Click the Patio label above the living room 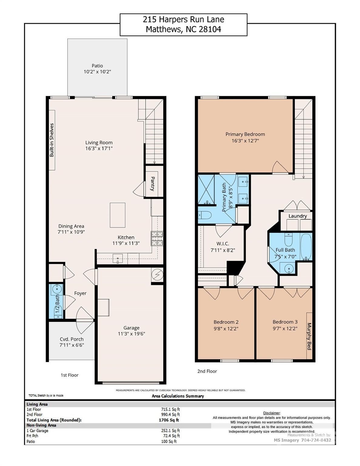click(97, 66)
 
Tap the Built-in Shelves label click(52, 140)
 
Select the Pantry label click(153, 184)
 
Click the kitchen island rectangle click(117, 215)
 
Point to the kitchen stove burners click(157, 238)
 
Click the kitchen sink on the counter click(118, 259)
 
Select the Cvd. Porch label click(72, 339)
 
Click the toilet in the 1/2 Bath click(58, 312)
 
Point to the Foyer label click(80, 293)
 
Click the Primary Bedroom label click(245, 134)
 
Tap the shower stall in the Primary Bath click(206, 189)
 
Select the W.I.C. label click(223, 244)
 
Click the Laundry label click(298, 216)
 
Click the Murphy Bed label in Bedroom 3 click(309, 336)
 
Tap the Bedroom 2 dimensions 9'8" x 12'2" click(226, 329)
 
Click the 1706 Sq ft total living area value click(169, 420)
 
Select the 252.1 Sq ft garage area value click(170, 431)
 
